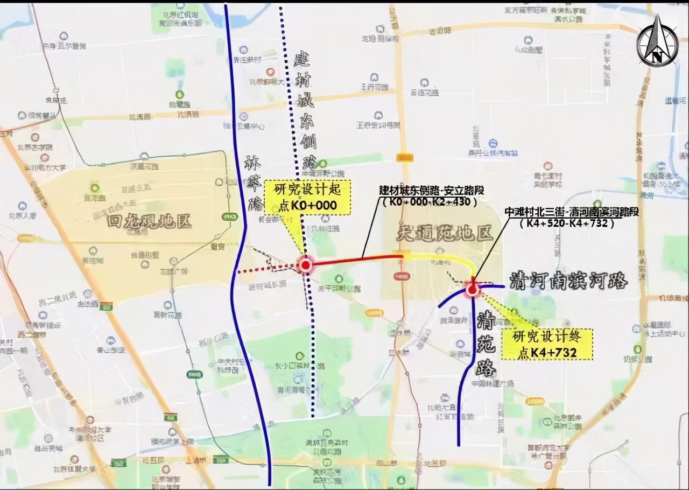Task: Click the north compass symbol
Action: click(657, 41)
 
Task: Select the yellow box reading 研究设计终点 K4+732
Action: click(547, 345)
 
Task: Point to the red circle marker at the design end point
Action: click(473, 290)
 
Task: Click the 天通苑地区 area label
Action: click(444, 233)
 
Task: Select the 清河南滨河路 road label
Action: click(568, 281)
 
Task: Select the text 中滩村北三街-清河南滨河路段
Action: click(571, 212)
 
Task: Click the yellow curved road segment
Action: click(441, 258)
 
